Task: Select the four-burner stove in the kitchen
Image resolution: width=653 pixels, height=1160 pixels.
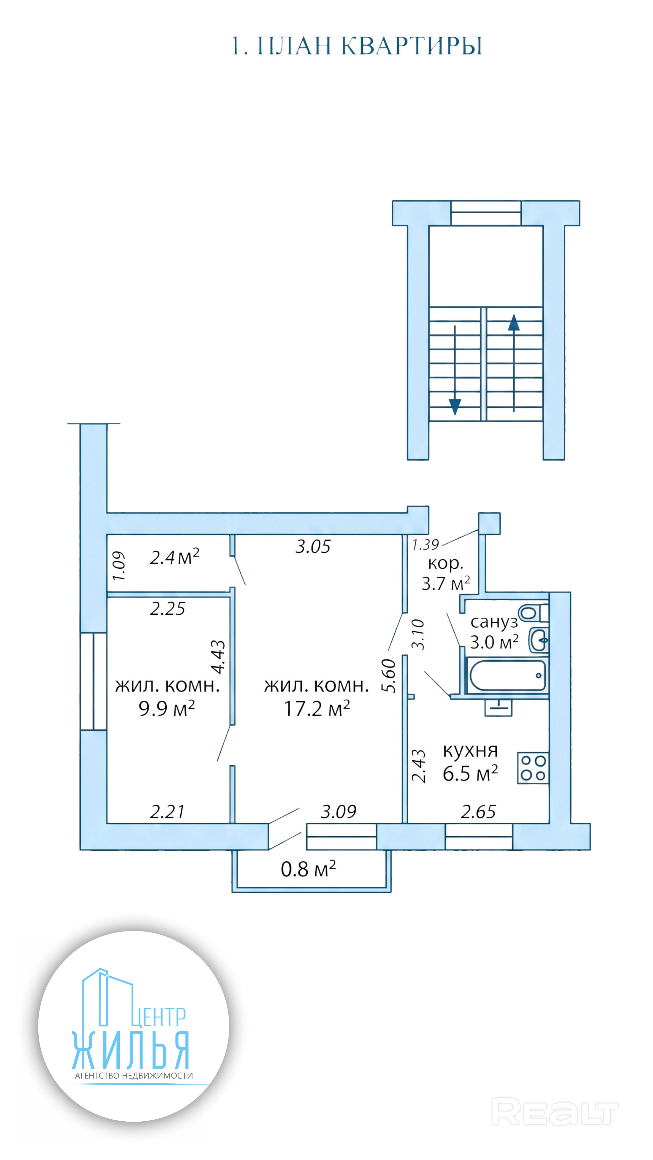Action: point(533,768)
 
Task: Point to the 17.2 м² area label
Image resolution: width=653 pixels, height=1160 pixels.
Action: point(317,708)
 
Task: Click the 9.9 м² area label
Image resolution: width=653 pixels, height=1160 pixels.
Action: point(167,708)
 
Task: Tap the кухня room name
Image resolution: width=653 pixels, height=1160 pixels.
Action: point(470,750)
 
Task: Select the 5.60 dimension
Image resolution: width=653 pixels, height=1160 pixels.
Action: point(389,676)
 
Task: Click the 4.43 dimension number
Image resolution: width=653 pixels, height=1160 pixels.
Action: point(218,657)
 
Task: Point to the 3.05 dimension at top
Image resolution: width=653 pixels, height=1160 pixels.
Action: point(313,547)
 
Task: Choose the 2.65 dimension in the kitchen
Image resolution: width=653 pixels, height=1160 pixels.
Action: point(478,812)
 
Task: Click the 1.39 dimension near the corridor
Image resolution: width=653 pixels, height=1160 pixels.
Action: point(425,545)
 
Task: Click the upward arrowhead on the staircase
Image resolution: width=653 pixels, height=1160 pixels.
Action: point(513,323)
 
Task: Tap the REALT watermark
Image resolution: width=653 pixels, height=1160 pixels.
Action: point(555,1111)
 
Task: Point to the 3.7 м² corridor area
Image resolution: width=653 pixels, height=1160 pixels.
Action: point(445,584)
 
